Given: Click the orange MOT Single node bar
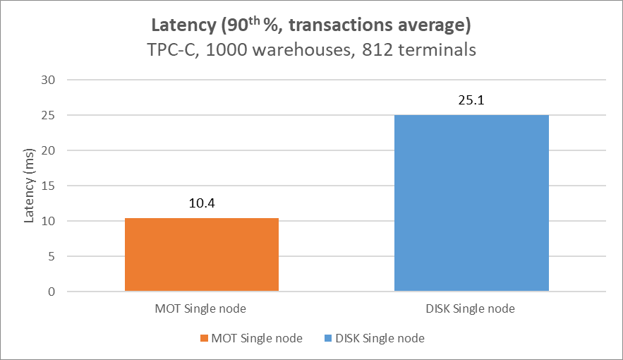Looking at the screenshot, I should tap(202, 255).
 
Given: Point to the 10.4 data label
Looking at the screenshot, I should tap(202, 203).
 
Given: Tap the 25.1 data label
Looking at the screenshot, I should tap(471, 100).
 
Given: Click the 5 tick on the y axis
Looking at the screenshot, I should tap(52, 256).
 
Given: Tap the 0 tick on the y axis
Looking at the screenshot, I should tap(52, 292).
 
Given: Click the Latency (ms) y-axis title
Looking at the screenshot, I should tap(29, 186).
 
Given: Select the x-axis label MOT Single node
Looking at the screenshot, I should tap(202, 309).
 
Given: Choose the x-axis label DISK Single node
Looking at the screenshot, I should tap(471, 309).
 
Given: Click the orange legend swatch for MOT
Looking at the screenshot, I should tap(205, 339).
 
